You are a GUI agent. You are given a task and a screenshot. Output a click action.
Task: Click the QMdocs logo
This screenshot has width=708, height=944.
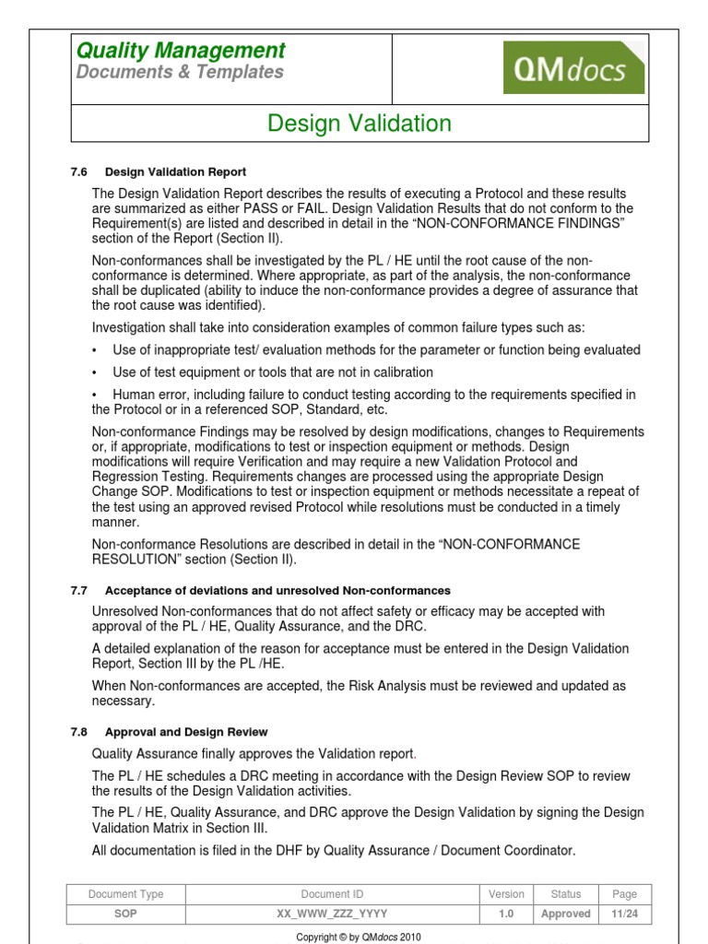click(x=573, y=67)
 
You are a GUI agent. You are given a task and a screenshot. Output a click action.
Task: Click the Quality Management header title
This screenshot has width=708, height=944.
click(x=181, y=51)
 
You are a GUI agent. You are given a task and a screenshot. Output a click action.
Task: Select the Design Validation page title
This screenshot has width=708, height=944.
click(x=360, y=124)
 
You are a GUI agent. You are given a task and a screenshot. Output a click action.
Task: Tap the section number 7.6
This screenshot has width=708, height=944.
click(x=78, y=171)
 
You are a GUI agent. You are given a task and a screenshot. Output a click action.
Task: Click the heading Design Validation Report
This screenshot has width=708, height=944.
click(x=175, y=171)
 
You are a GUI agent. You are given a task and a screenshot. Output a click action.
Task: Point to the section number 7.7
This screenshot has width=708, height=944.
click(x=78, y=590)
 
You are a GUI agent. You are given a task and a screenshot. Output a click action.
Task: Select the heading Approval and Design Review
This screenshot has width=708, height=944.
click(x=186, y=732)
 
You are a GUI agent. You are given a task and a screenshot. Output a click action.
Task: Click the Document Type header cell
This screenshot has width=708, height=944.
click(x=125, y=894)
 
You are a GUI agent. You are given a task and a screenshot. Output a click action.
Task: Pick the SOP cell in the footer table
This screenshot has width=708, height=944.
click(x=125, y=914)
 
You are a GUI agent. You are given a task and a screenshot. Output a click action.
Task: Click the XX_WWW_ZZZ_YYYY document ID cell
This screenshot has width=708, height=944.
click(x=332, y=914)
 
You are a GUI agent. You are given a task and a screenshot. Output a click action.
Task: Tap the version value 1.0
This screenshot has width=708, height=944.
click(x=506, y=914)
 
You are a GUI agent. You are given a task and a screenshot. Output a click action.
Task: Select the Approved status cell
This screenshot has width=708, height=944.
click(x=566, y=914)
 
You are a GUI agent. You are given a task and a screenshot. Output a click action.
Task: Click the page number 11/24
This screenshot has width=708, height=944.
click(x=624, y=914)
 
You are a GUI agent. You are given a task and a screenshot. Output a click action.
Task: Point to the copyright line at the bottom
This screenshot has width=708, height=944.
click(x=358, y=937)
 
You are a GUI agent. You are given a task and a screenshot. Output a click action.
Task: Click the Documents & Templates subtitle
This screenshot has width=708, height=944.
click(x=180, y=73)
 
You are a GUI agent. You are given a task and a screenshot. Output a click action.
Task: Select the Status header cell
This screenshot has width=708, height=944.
click(x=566, y=894)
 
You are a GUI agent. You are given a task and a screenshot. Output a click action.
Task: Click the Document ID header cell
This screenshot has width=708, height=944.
click(x=332, y=894)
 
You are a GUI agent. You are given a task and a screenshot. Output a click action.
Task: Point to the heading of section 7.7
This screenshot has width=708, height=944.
click(x=277, y=590)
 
